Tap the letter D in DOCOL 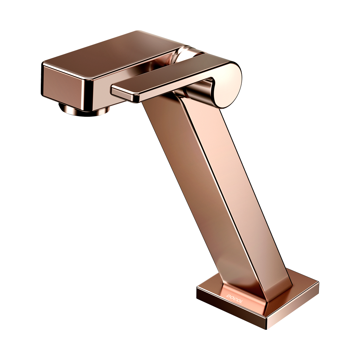[228, 295]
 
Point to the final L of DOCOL [240, 302]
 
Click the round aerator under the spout [84, 110]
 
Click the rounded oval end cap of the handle [227, 85]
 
